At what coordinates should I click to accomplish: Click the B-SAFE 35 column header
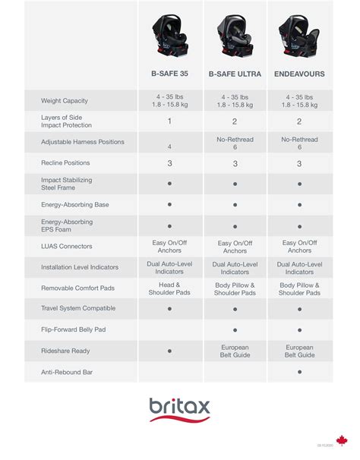click(x=170, y=74)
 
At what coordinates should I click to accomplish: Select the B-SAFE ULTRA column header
click(x=235, y=74)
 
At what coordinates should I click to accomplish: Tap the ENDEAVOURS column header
click(x=299, y=74)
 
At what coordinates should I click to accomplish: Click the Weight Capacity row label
click(x=65, y=100)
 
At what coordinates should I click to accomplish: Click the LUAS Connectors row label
click(x=66, y=246)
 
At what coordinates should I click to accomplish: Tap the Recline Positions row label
click(x=65, y=162)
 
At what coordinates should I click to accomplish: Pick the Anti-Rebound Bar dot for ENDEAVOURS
click(x=300, y=372)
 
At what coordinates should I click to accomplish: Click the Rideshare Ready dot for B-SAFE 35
click(x=170, y=351)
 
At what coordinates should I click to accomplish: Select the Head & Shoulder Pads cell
click(x=170, y=288)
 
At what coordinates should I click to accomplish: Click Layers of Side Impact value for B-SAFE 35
click(x=170, y=121)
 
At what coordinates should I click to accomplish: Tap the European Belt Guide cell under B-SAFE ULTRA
click(x=235, y=351)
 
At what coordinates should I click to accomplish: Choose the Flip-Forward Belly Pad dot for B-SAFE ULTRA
click(x=235, y=330)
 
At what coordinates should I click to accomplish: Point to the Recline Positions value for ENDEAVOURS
click(x=300, y=163)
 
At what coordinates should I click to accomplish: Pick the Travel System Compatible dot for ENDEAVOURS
click(x=300, y=309)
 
